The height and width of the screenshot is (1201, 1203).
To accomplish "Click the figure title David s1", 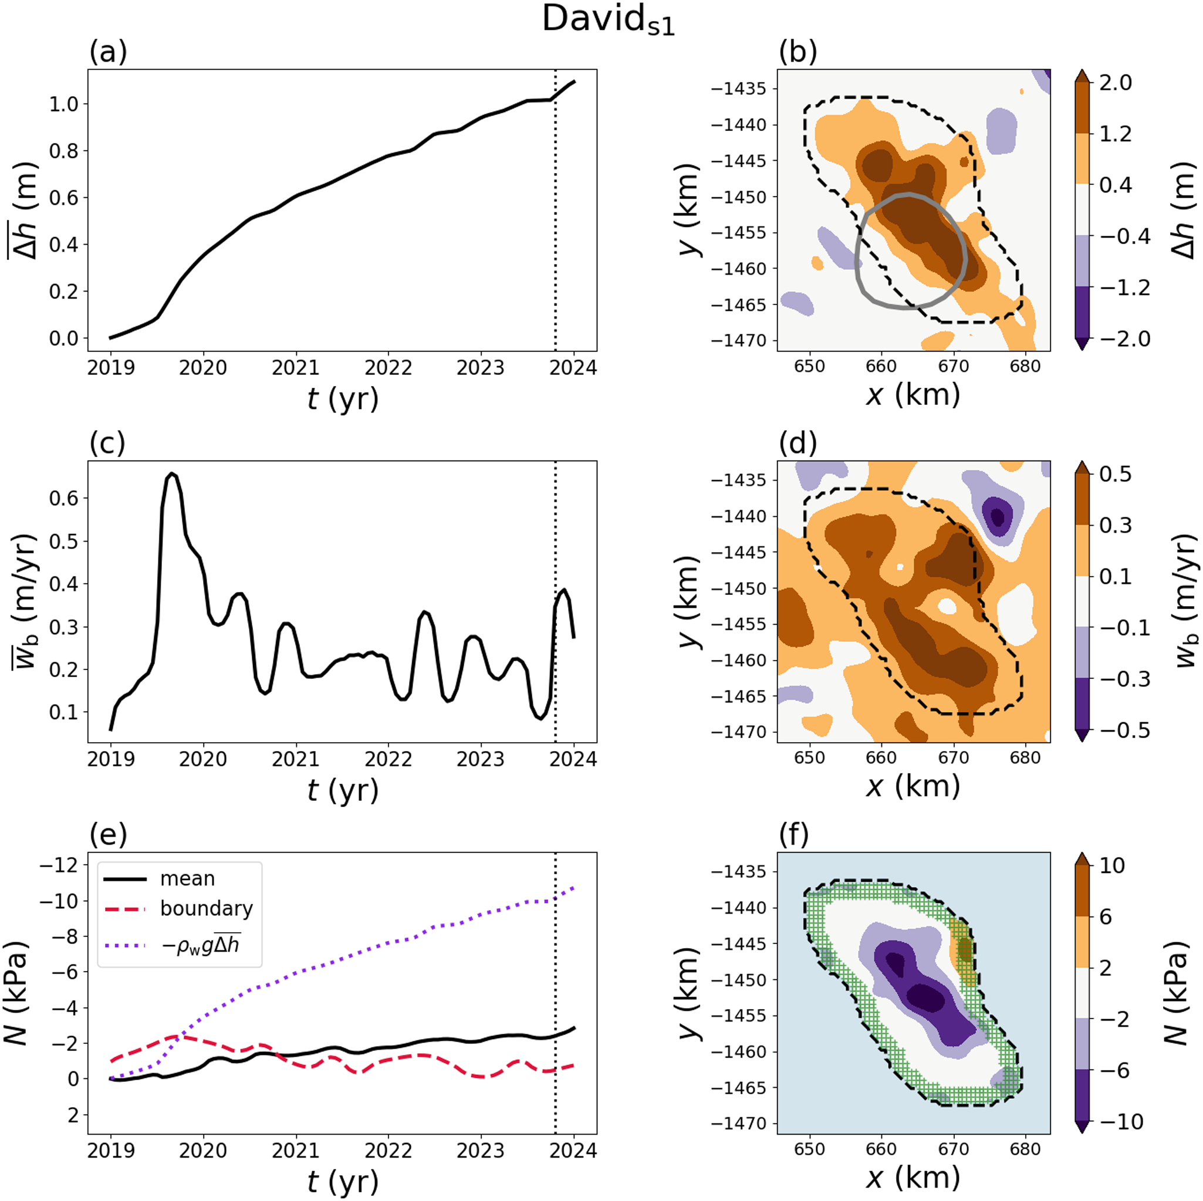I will click(x=609, y=21).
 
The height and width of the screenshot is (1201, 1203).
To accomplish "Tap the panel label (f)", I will click(x=798, y=835).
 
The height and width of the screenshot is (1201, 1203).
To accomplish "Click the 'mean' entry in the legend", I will click(x=187, y=878).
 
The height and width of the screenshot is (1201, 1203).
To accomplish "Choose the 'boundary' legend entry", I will click(x=206, y=908).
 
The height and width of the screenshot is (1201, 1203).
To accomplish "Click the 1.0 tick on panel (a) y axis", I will click(x=64, y=104).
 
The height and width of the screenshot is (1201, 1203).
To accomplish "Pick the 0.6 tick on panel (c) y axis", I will click(x=64, y=498).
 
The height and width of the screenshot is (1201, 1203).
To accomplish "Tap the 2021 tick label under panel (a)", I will click(x=295, y=368).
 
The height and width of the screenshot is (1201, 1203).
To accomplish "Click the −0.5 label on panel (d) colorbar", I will click(x=1124, y=730).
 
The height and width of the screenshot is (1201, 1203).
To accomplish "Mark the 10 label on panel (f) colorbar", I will click(x=1112, y=865).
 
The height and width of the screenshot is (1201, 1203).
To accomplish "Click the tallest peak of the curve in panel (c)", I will click(x=172, y=474).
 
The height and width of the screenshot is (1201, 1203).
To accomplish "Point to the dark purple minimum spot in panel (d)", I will click(x=998, y=516).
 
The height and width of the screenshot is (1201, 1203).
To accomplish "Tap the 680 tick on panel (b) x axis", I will click(x=1025, y=366).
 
